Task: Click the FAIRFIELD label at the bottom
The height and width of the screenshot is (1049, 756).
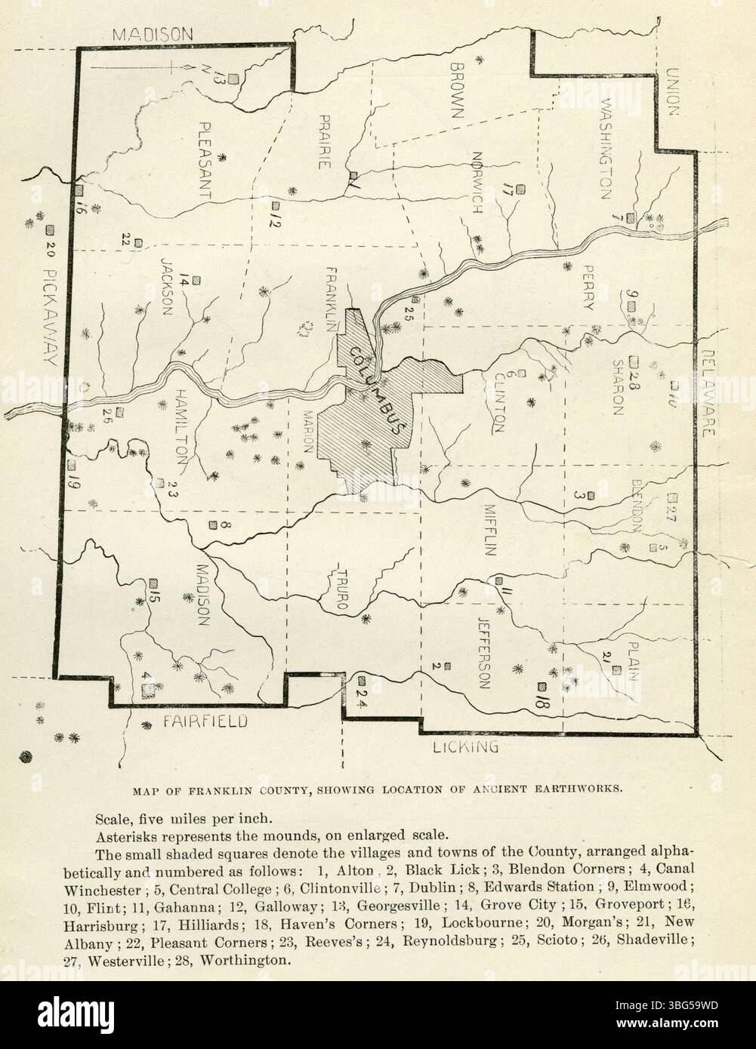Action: tap(205, 722)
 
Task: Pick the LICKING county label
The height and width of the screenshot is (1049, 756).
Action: tap(466, 748)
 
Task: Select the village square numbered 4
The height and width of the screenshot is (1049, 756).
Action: tap(148, 688)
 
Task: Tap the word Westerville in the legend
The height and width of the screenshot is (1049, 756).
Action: tap(127, 961)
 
